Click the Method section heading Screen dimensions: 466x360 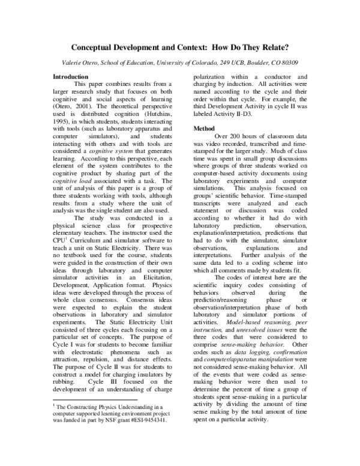(205, 129)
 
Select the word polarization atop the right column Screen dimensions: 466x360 (213, 77)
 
